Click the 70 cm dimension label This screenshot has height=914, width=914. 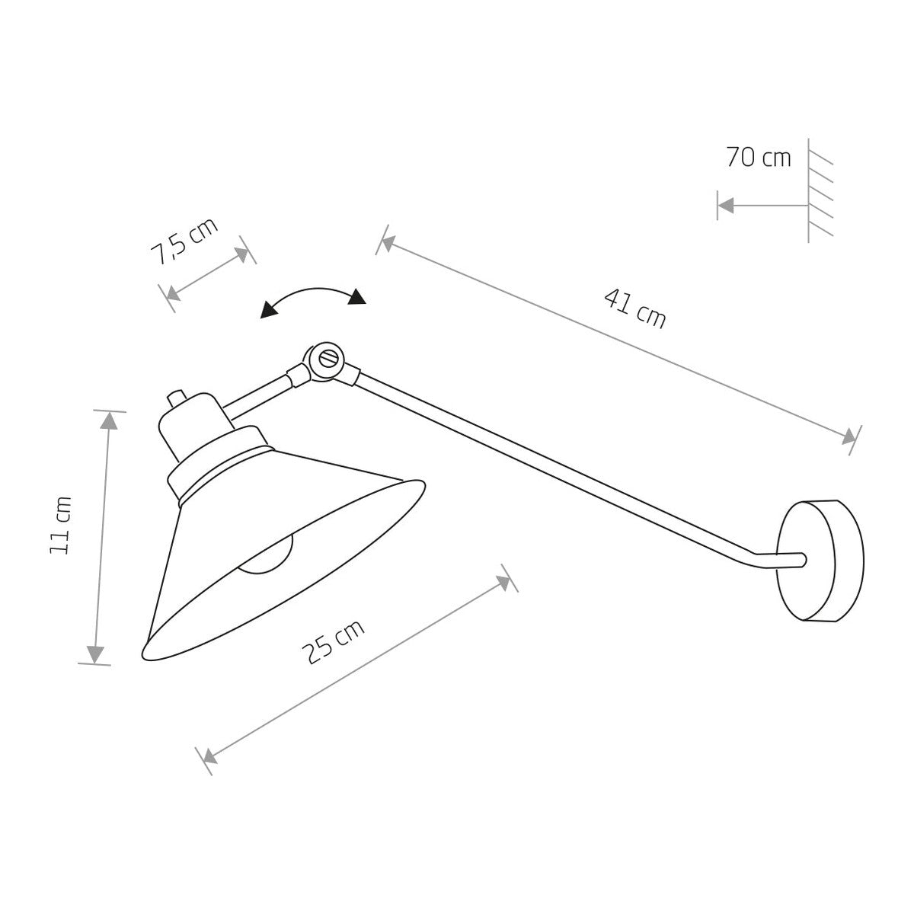click(758, 158)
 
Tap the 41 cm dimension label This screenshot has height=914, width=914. click(635, 308)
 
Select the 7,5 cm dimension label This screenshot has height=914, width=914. click(184, 241)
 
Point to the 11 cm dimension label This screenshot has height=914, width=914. click(61, 525)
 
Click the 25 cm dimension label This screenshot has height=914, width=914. click(333, 641)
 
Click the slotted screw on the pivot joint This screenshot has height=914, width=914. click(330, 358)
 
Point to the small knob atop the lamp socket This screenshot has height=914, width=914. click(177, 398)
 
